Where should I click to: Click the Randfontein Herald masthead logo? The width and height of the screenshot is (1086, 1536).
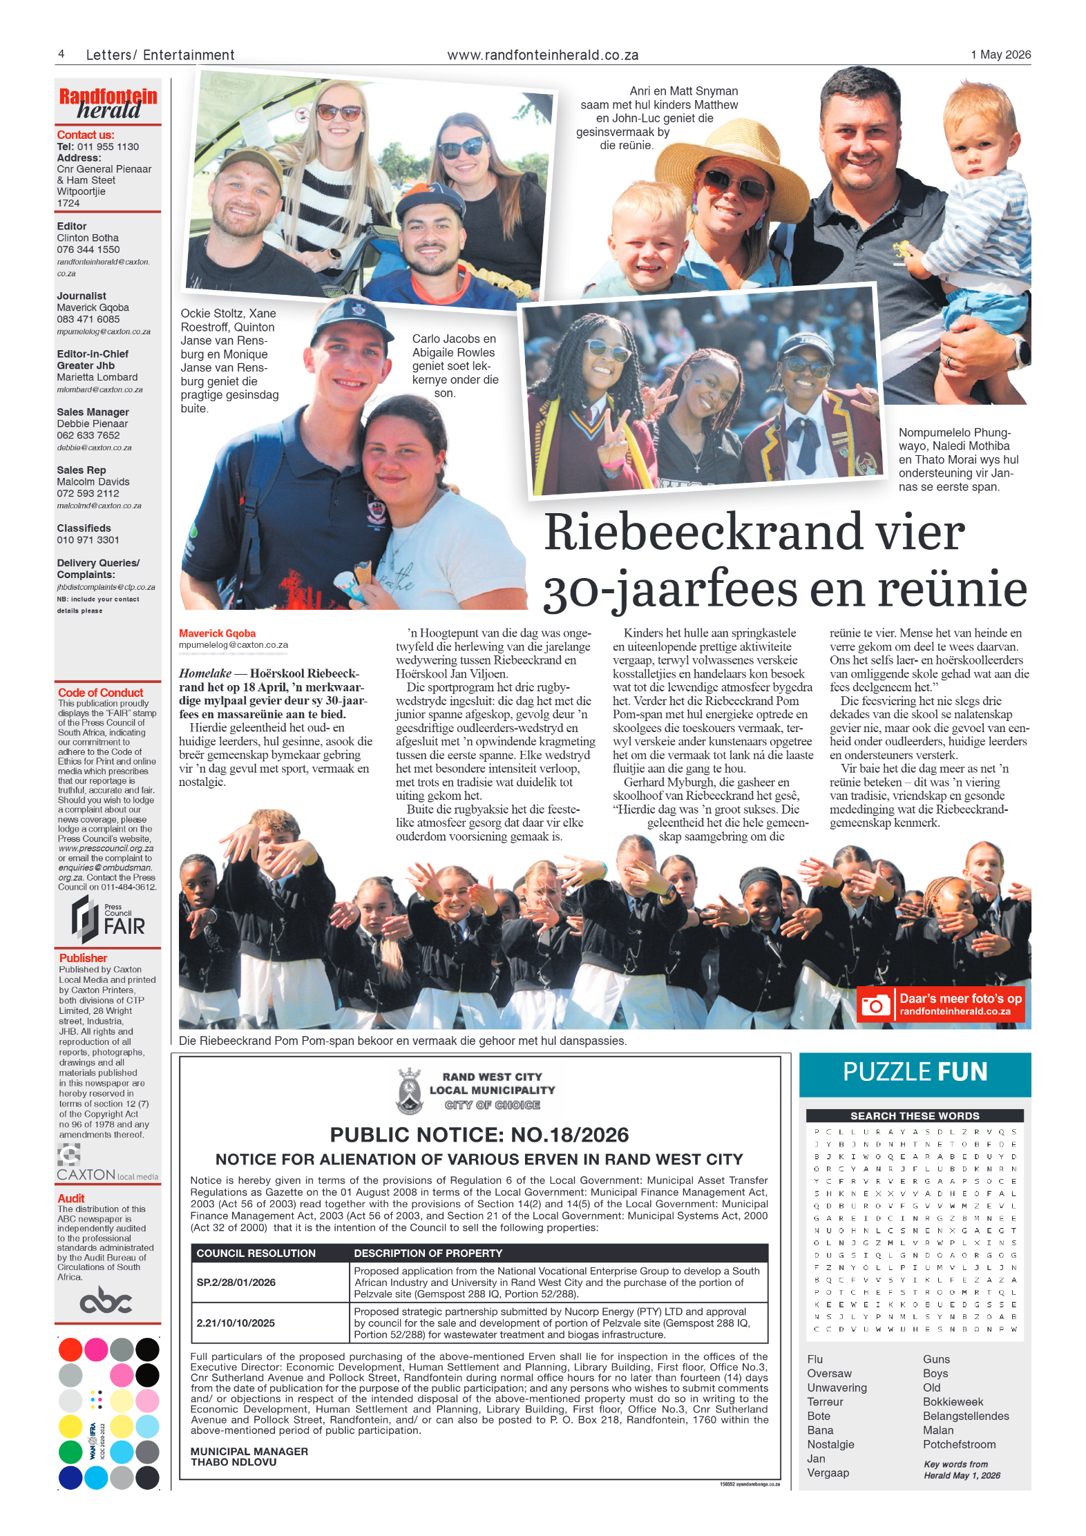click(108, 104)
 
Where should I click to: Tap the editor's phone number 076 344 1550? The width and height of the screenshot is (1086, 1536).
click(88, 249)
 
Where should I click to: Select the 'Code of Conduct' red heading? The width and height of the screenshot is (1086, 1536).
click(100, 692)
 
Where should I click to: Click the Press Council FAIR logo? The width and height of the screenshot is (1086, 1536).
click(108, 919)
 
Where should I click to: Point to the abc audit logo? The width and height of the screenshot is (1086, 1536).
click(106, 1301)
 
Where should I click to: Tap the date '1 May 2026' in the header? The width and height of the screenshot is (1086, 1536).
click(1000, 55)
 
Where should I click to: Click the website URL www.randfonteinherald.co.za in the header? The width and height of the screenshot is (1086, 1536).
click(542, 55)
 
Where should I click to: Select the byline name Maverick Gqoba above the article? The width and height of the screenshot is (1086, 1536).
click(217, 633)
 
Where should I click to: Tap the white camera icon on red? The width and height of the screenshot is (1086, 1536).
click(875, 1005)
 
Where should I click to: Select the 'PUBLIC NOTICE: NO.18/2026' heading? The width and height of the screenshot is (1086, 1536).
click(479, 1134)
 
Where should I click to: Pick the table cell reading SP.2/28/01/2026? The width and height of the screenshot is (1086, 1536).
click(236, 1282)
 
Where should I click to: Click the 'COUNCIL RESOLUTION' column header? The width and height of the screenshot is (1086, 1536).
click(256, 1253)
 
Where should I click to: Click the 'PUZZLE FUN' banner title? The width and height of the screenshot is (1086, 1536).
click(915, 1071)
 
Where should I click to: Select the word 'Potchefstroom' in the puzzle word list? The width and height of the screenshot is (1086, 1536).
click(959, 1444)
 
